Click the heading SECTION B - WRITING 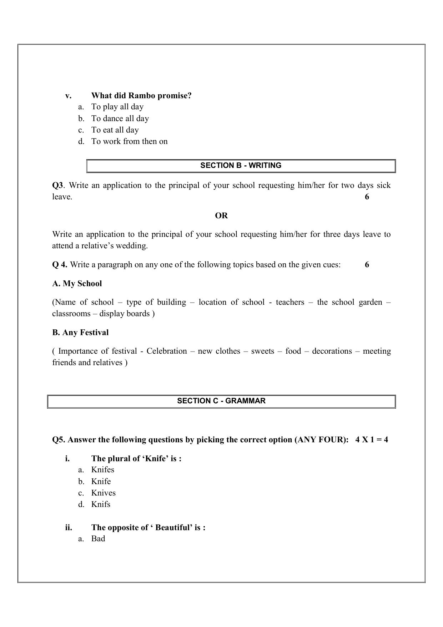point(241,165)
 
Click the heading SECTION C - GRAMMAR point(221,401)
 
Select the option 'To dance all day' point(120,118)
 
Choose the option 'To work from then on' point(129,141)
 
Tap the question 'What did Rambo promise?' point(141,96)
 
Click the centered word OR point(221,215)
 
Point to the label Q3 point(57,185)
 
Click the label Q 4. point(60,265)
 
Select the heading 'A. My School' point(77,284)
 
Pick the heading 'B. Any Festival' point(80,333)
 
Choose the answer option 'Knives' point(104,493)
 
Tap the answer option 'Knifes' point(103,470)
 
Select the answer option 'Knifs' point(101,504)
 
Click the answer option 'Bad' point(98,539)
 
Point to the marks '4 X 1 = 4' point(372,440)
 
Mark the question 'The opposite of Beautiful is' point(148,528)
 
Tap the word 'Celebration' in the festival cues point(167,351)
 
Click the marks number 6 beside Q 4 point(367,265)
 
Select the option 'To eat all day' point(115,130)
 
